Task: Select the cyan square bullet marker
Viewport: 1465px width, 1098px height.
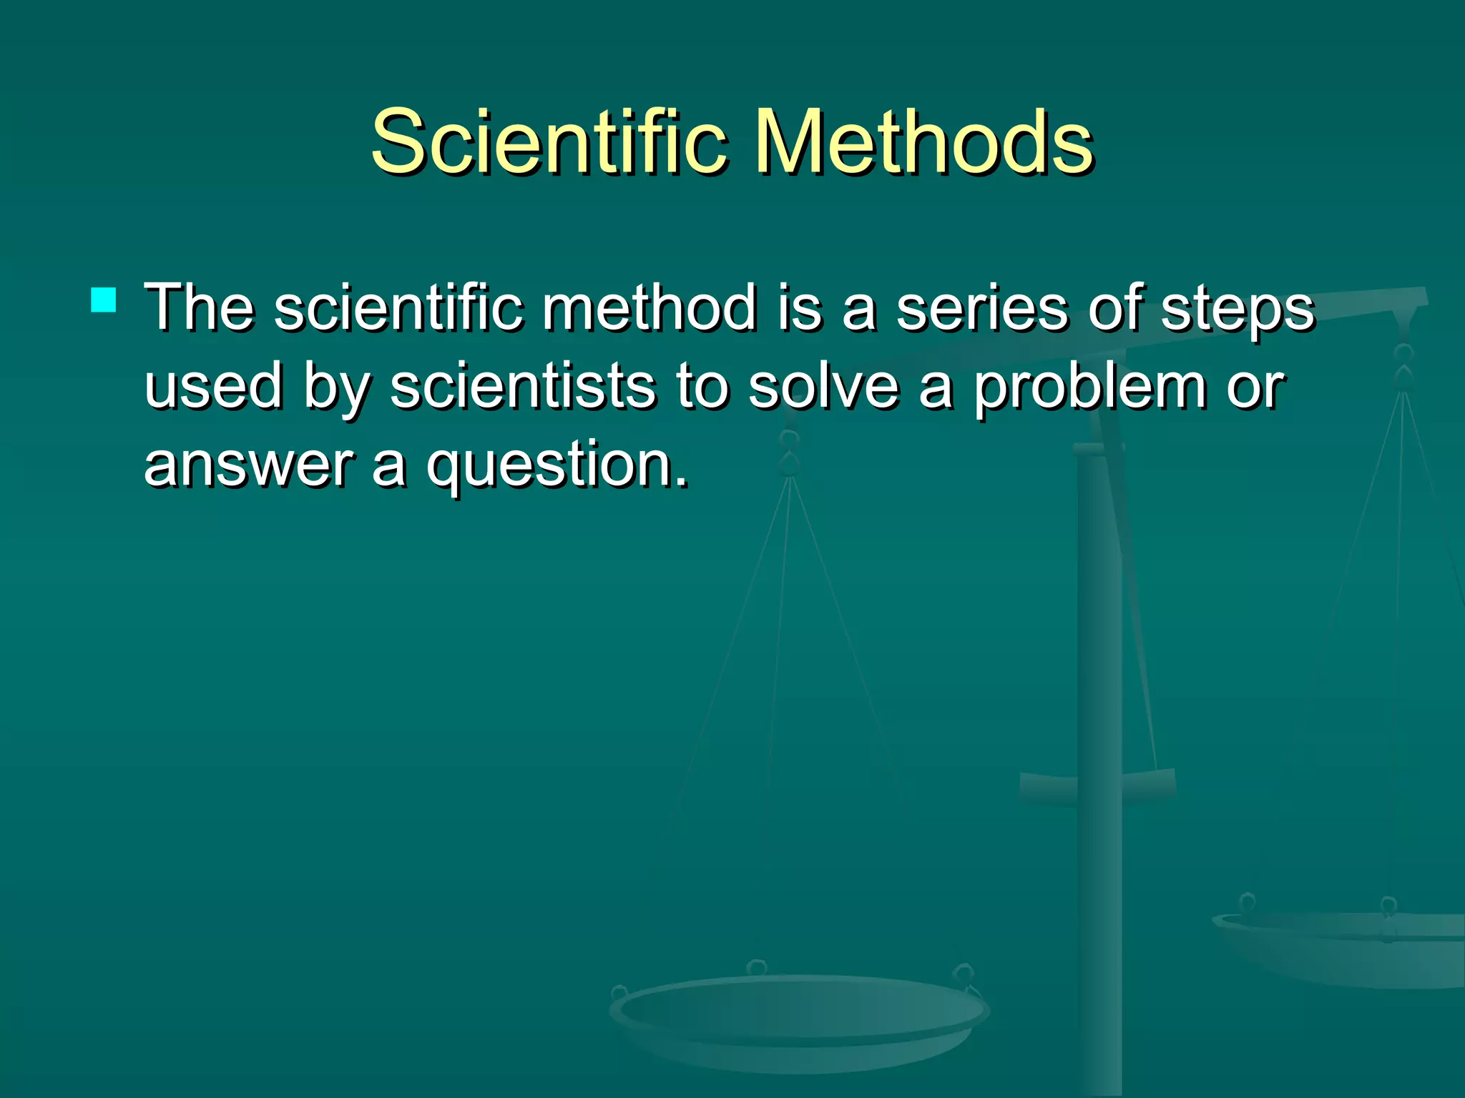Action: coord(104,300)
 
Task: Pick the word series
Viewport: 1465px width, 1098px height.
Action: coord(981,309)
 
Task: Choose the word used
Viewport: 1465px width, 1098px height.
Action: coord(213,386)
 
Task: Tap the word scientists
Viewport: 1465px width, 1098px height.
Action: coord(522,386)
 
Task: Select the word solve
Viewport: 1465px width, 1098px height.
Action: coord(823,386)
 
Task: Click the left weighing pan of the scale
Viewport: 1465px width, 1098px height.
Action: coord(800,1015)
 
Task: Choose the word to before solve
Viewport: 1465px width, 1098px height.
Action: coord(702,386)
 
